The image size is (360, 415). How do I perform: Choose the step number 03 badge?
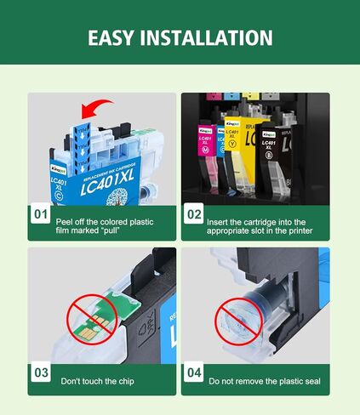pos(41,372)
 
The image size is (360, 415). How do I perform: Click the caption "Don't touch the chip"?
pos(97,382)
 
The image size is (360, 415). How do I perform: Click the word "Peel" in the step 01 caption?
pos(66,221)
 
